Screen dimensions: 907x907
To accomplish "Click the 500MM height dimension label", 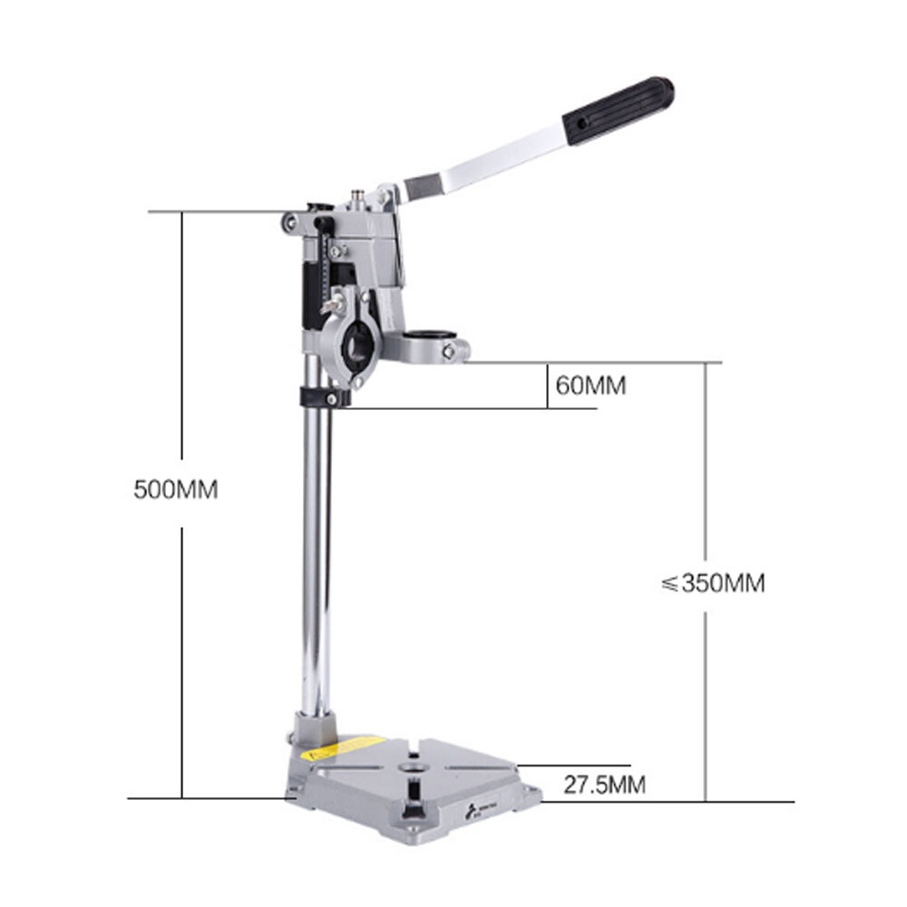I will coord(176,490).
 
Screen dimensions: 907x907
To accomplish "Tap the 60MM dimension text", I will coord(590,385).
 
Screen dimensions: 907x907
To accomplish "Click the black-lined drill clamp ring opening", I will coord(356,347).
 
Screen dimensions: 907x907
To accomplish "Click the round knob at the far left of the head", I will coord(288,220).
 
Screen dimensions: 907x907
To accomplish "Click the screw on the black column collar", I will coord(332,397).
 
